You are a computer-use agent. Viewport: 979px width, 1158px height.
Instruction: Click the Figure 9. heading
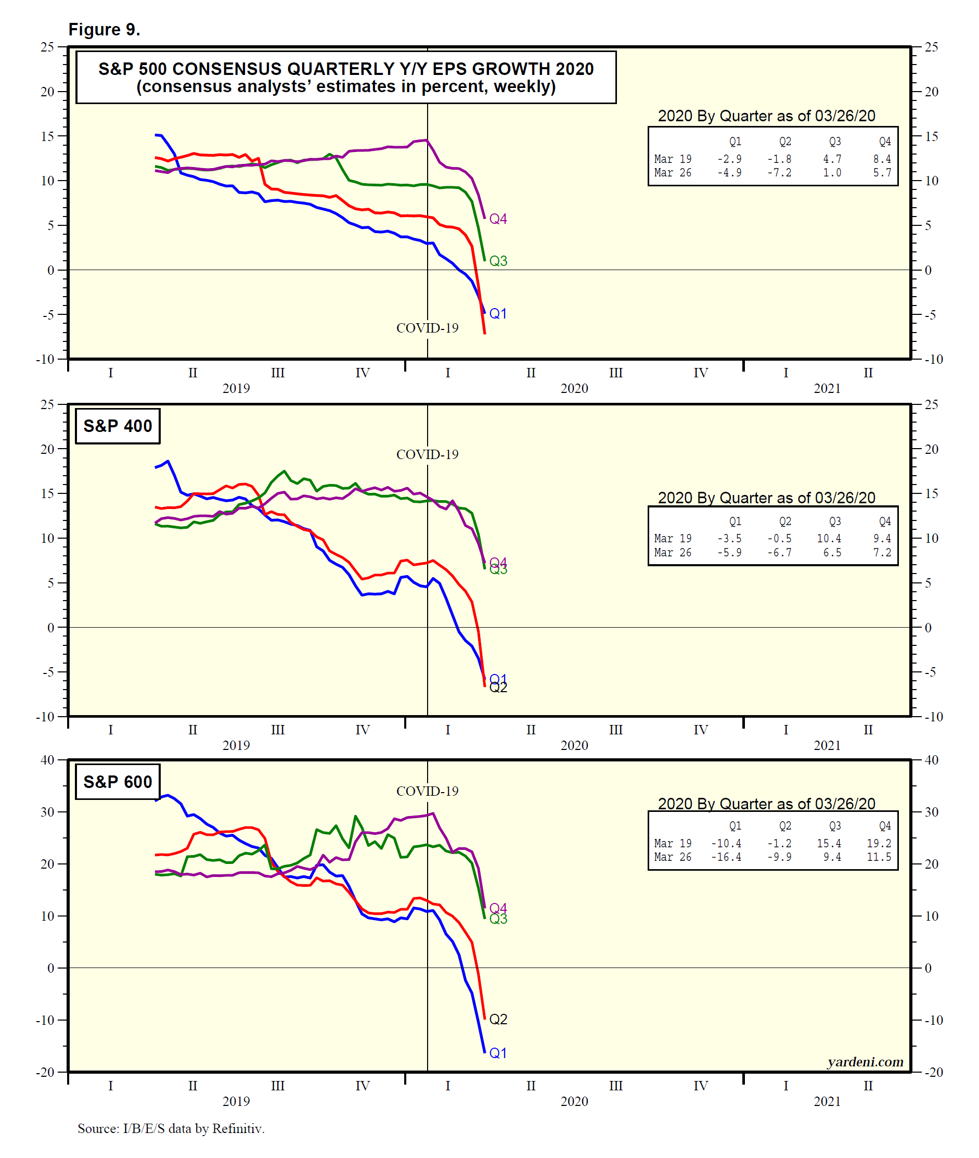coord(104,30)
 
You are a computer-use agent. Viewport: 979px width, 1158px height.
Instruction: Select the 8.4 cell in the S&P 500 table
coord(882,159)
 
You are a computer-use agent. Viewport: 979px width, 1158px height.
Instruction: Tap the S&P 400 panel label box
coord(118,426)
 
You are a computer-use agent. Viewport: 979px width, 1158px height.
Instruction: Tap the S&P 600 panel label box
coord(118,782)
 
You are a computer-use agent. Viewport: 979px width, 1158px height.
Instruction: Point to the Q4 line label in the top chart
coord(498,219)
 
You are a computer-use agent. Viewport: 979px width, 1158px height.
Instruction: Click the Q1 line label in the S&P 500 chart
coord(498,314)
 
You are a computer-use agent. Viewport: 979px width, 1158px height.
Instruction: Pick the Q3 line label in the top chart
coord(498,261)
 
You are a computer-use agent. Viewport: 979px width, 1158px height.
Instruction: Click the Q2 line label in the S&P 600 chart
coord(498,1019)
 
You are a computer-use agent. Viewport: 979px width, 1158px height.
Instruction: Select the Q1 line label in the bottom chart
coord(498,1053)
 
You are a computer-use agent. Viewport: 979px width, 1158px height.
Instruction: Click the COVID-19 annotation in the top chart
coord(428,328)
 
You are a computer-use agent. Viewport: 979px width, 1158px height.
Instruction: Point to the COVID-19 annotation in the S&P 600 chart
coord(428,791)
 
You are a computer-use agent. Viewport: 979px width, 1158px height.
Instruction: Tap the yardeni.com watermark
coord(865,1062)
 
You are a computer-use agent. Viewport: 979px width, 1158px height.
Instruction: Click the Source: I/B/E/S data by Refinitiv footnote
coord(171,1128)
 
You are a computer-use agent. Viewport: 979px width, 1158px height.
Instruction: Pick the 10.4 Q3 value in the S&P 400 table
coord(829,539)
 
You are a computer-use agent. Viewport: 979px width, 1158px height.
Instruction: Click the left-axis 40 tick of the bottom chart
coord(48,760)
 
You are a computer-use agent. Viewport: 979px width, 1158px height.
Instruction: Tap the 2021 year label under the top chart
coord(827,389)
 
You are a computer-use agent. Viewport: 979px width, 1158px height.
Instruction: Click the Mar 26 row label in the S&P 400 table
coord(673,552)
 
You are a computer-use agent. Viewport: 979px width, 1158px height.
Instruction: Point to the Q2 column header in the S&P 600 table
coord(785,826)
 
